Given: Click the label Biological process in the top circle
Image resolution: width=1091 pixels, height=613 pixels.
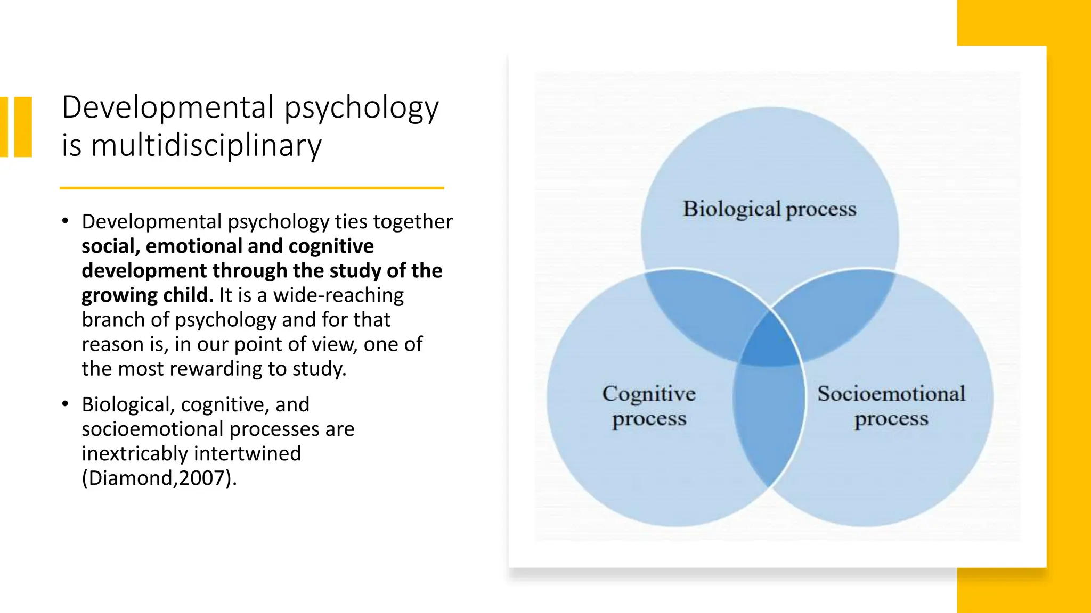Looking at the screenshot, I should pos(769,209).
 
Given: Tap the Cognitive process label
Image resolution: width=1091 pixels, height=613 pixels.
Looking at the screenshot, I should pos(649,406).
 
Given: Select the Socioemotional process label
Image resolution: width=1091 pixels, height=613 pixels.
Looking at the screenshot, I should pos(891,406).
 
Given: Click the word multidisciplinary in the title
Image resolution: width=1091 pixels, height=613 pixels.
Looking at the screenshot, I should pos(206,145).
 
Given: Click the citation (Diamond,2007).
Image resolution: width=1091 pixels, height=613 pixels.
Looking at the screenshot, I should pos(159,478).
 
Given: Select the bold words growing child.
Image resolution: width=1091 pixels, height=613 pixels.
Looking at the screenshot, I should pos(147,295).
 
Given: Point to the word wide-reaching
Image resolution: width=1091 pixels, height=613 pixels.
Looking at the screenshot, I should pos(338,295).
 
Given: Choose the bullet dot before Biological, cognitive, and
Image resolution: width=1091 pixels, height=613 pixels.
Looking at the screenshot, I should pos(65,404).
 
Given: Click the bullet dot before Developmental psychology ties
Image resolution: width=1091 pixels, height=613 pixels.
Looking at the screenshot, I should pos(65,221).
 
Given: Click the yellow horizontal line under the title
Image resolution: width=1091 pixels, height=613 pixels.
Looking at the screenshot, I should pos(251,188).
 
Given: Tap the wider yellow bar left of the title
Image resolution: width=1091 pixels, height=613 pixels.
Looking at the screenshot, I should pos(23,127).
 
